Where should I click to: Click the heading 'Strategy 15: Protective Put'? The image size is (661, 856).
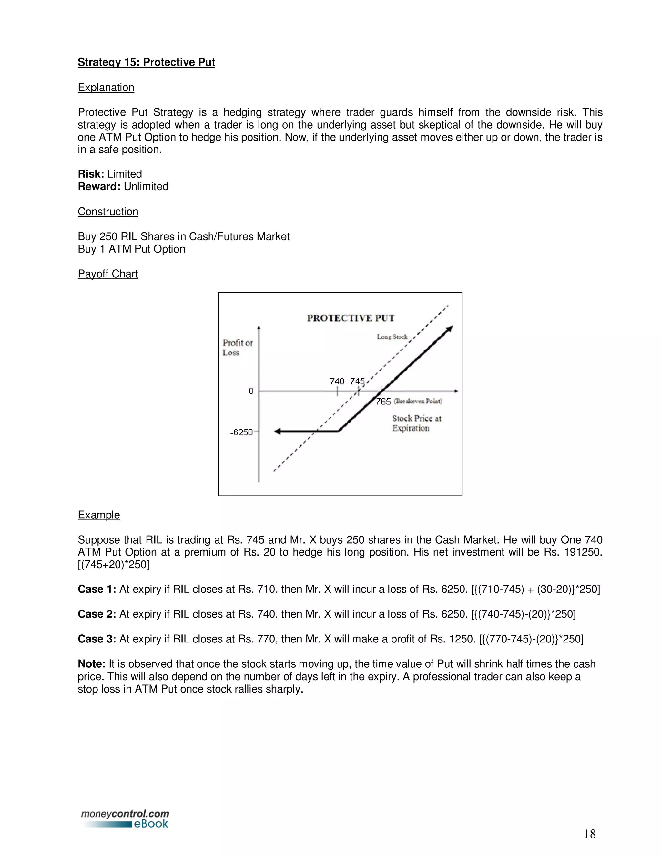point(146,62)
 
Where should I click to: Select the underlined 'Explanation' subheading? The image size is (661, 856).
point(106,88)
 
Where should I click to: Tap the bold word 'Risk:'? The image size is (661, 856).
point(91,174)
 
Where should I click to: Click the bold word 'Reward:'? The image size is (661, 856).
point(99,187)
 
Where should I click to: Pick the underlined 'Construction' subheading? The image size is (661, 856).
point(108,212)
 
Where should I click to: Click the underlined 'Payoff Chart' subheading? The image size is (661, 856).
point(108,274)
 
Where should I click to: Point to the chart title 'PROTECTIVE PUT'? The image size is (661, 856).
point(351,318)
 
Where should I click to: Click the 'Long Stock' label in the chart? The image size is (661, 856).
point(392,337)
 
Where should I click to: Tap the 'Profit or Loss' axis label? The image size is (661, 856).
point(237,348)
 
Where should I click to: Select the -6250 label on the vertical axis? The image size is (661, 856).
point(241,432)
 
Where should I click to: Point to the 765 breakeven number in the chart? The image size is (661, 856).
point(383,401)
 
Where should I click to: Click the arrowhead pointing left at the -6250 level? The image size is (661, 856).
point(277,432)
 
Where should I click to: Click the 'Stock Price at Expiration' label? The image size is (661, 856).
point(416,423)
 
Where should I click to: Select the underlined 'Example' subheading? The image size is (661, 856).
point(99,515)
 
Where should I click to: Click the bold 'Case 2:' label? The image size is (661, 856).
point(97,614)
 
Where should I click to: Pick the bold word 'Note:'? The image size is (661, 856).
point(92,664)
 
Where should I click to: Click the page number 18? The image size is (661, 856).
point(589,834)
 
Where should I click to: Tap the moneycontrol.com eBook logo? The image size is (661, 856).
point(125,819)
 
